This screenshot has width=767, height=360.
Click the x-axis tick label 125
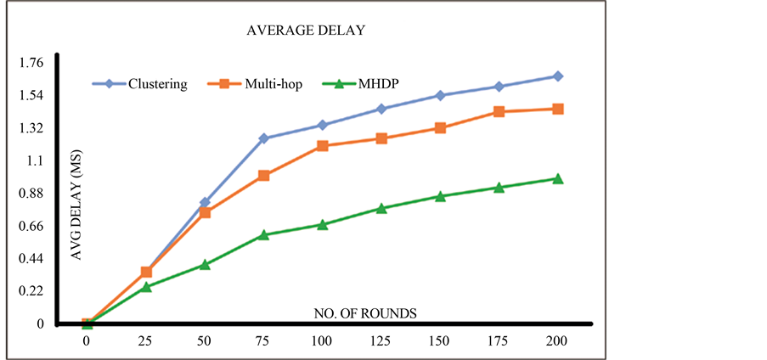pyautogui.click(x=381, y=340)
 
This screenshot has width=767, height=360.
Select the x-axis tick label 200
pyautogui.click(x=558, y=340)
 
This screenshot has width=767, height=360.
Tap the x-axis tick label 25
pyautogui.click(x=146, y=340)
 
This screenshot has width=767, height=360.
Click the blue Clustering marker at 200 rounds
pyautogui.click(x=558, y=76)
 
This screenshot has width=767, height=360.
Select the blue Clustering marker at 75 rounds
pyautogui.click(x=263, y=138)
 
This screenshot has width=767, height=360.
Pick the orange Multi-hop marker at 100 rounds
pyautogui.click(x=323, y=146)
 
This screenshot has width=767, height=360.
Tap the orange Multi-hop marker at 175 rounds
pyautogui.click(x=499, y=112)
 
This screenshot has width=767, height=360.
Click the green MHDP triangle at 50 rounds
pyautogui.click(x=205, y=264)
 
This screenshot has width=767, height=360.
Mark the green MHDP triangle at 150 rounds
pyautogui.click(x=440, y=196)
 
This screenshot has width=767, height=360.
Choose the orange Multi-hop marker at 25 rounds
pyautogui.click(x=146, y=272)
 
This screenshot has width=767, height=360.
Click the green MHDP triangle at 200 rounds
pyautogui.click(x=558, y=178)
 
